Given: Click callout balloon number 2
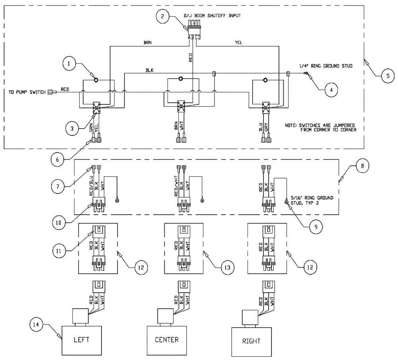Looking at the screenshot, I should click(162, 17).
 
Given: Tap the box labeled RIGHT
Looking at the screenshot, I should click(252, 342).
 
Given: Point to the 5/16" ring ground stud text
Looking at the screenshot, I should click(316, 200).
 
